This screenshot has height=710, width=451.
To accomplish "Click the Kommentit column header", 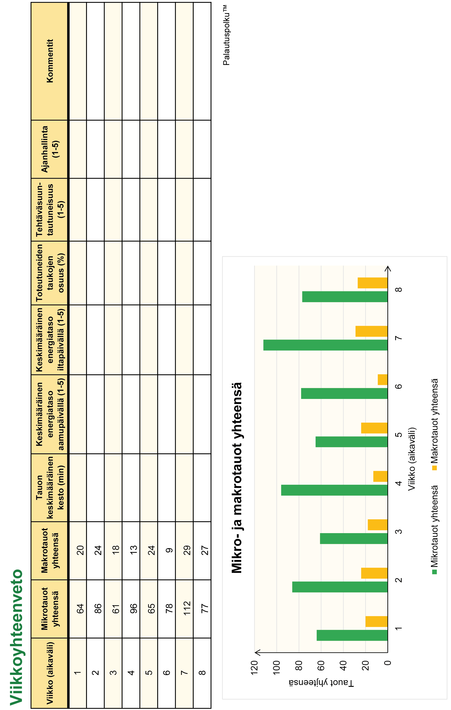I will [50, 61].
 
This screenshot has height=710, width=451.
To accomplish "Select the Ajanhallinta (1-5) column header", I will [50, 149].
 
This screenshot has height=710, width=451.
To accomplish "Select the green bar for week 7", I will [325, 345].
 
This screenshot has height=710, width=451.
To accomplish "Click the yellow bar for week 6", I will [382, 379].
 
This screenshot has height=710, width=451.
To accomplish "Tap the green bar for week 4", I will [334, 490].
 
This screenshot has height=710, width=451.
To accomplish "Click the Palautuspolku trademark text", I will [226, 35].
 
